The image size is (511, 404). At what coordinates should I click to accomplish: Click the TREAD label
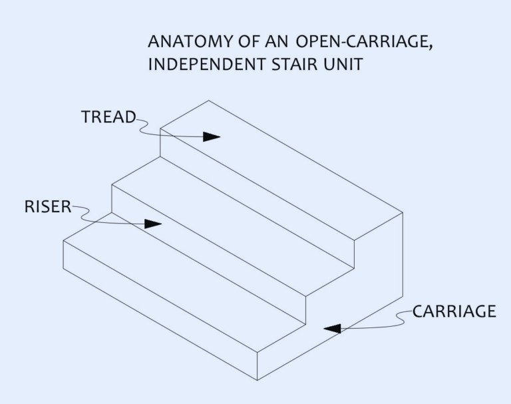(x=108, y=117)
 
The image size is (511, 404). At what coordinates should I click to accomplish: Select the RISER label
(x=47, y=206)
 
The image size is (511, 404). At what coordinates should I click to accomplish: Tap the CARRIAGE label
(x=454, y=311)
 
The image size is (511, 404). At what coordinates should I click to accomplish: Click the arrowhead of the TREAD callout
(x=212, y=136)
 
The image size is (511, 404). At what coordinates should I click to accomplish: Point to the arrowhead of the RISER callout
(x=153, y=224)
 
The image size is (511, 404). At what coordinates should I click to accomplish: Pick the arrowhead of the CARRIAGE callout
(x=333, y=327)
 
